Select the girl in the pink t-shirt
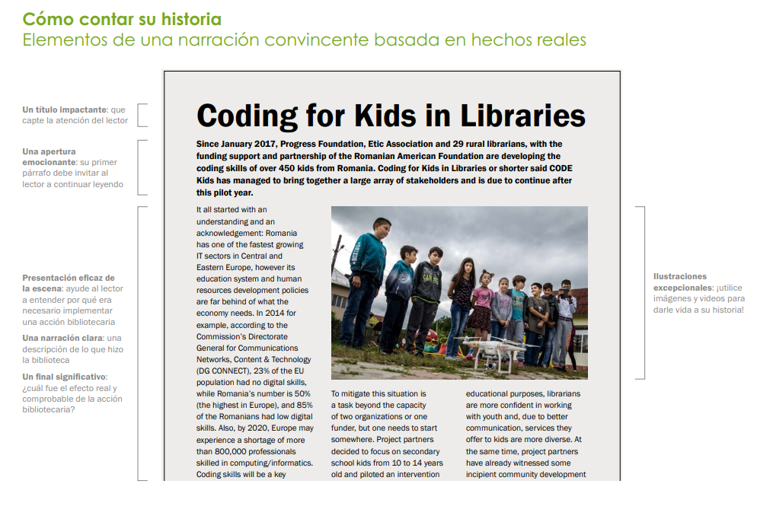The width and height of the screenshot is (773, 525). pos(482,298)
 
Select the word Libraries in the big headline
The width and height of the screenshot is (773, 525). pos(522,116)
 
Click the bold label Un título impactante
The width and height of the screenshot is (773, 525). pos(65,110)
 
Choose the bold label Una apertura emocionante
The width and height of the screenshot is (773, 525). pos(50,157)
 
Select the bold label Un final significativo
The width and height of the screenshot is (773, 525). pos(64,377)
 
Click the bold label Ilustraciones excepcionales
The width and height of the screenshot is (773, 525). pos(680,282)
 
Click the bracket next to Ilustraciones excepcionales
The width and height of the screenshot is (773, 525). pos(642,292)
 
